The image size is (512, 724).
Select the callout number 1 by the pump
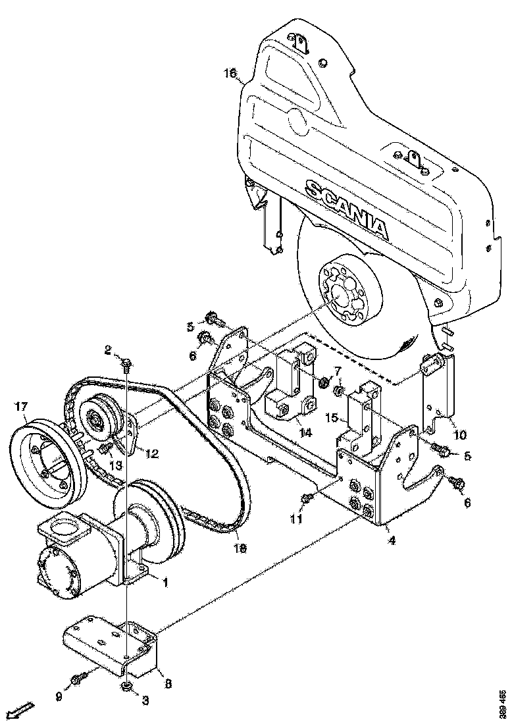[x=166, y=582]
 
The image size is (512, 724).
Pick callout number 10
[x=459, y=435]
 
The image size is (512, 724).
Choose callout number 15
[x=332, y=418]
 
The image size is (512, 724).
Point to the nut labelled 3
[x=124, y=688]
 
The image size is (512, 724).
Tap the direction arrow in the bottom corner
[x=22, y=710]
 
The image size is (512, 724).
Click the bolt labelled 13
[x=105, y=450]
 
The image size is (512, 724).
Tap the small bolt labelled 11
[x=306, y=498]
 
